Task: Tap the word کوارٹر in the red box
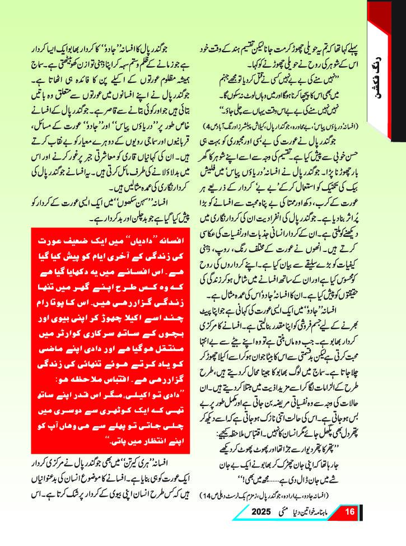coord(60,321)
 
